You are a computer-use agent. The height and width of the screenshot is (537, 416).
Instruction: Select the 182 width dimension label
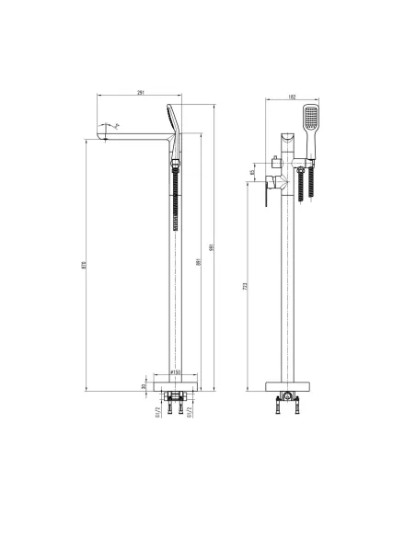coord(290,96)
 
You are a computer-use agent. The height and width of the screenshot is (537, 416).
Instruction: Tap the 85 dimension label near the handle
coord(252,172)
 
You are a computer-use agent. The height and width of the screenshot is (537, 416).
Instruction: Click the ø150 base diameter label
coord(174,372)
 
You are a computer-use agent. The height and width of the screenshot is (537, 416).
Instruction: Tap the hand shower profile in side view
coord(172,120)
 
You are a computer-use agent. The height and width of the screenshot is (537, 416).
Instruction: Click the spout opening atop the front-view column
coord(289,139)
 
